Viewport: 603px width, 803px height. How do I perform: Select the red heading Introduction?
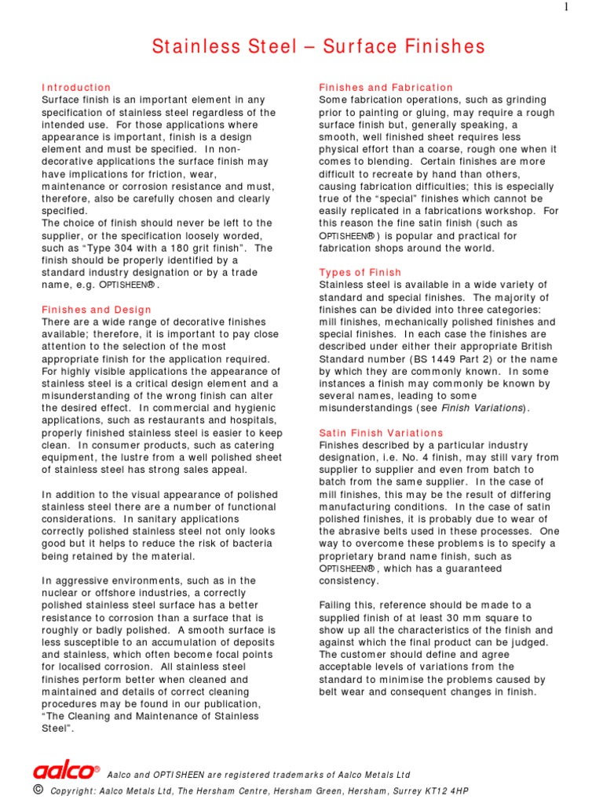pyautogui.click(x=76, y=87)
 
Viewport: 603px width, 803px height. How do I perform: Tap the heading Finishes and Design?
pyautogui.click(x=96, y=310)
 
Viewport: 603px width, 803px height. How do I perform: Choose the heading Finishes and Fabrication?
pyautogui.click(x=386, y=87)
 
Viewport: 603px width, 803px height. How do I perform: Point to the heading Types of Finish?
pyautogui.click(x=360, y=272)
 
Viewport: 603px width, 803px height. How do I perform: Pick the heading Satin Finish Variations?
pyautogui.click(x=381, y=433)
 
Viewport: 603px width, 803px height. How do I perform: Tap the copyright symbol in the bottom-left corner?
pyautogui.click(x=38, y=790)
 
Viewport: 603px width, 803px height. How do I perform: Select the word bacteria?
pyautogui.click(x=251, y=544)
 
